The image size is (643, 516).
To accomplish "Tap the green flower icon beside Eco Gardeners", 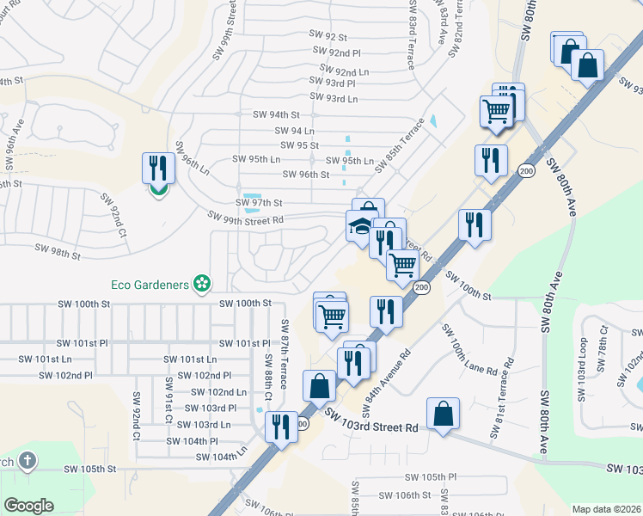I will click(x=202, y=283).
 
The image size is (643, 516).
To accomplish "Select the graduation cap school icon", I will click(x=359, y=227).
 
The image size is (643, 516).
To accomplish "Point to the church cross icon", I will click(x=27, y=461).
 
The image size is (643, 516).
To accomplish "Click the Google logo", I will click(x=29, y=506).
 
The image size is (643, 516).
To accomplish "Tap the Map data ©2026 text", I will click(x=606, y=509).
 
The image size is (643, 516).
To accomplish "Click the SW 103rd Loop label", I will click(x=583, y=359).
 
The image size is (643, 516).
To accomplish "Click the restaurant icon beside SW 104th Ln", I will click(x=280, y=428).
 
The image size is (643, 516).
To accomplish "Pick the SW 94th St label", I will click(x=277, y=114).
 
